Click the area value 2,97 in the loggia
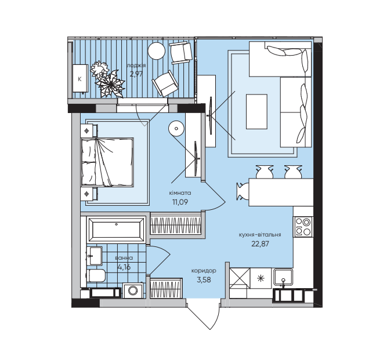click(x=137, y=74)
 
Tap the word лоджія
click(x=137, y=66)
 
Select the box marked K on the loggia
click(x=79, y=77)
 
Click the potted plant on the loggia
click(x=108, y=79)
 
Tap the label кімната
click(x=180, y=193)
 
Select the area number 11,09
click(x=180, y=202)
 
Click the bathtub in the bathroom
click(x=116, y=230)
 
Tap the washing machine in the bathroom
click(x=134, y=291)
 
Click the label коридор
click(x=204, y=271)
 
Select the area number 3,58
click(x=204, y=280)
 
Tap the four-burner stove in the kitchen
click(x=303, y=226)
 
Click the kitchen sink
click(x=283, y=277)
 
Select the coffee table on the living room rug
click(x=256, y=111)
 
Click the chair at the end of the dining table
click(x=243, y=191)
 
